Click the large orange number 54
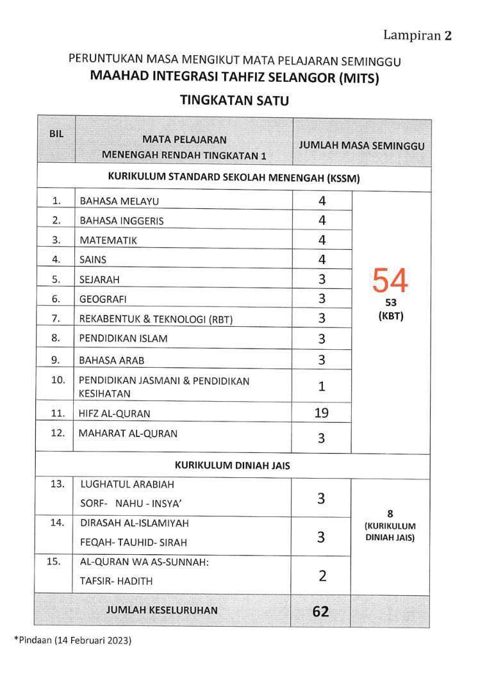tap(390, 281)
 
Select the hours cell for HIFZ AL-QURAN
tap(322, 413)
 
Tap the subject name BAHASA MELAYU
tap(119, 201)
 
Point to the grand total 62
tap(321, 611)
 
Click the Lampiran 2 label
tap(418, 35)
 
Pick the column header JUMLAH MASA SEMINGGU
tap(361, 145)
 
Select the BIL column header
tap(56, 135)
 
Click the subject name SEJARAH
tap(99, 279)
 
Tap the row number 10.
tap(58, 380)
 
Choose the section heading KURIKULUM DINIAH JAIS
tap(232, 466)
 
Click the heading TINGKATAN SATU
tap(235, 100)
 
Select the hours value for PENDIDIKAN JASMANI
tap(322, 386)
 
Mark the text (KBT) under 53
tap(390, 317)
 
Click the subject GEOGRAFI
tap(103, 299)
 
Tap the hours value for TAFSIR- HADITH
tap(322, 576)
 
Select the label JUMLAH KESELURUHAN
tap(161, 610)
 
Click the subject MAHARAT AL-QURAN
tap(128, 434)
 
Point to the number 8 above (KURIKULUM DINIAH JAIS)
tap(390, 513)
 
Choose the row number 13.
tap(58, 484)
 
